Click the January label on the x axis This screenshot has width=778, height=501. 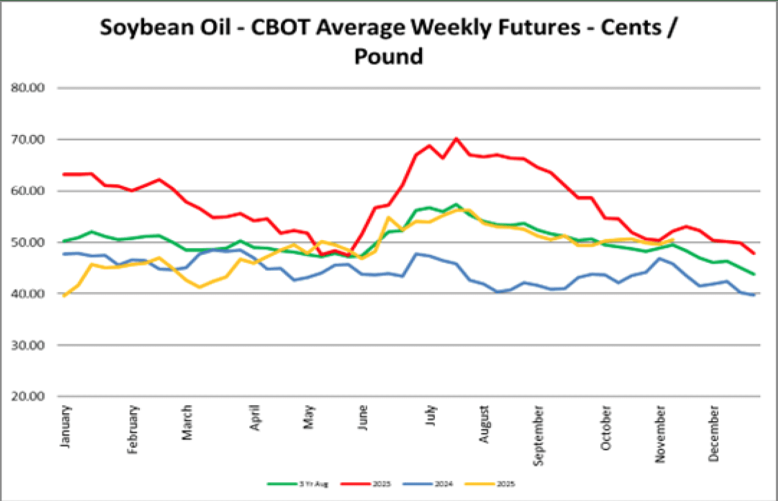pyautogui.click(x=66, y=427)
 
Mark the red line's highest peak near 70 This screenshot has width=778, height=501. pyautogui.click(x=456, y=139)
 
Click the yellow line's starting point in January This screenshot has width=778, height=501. pyautogui.click(x=64, y=296)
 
